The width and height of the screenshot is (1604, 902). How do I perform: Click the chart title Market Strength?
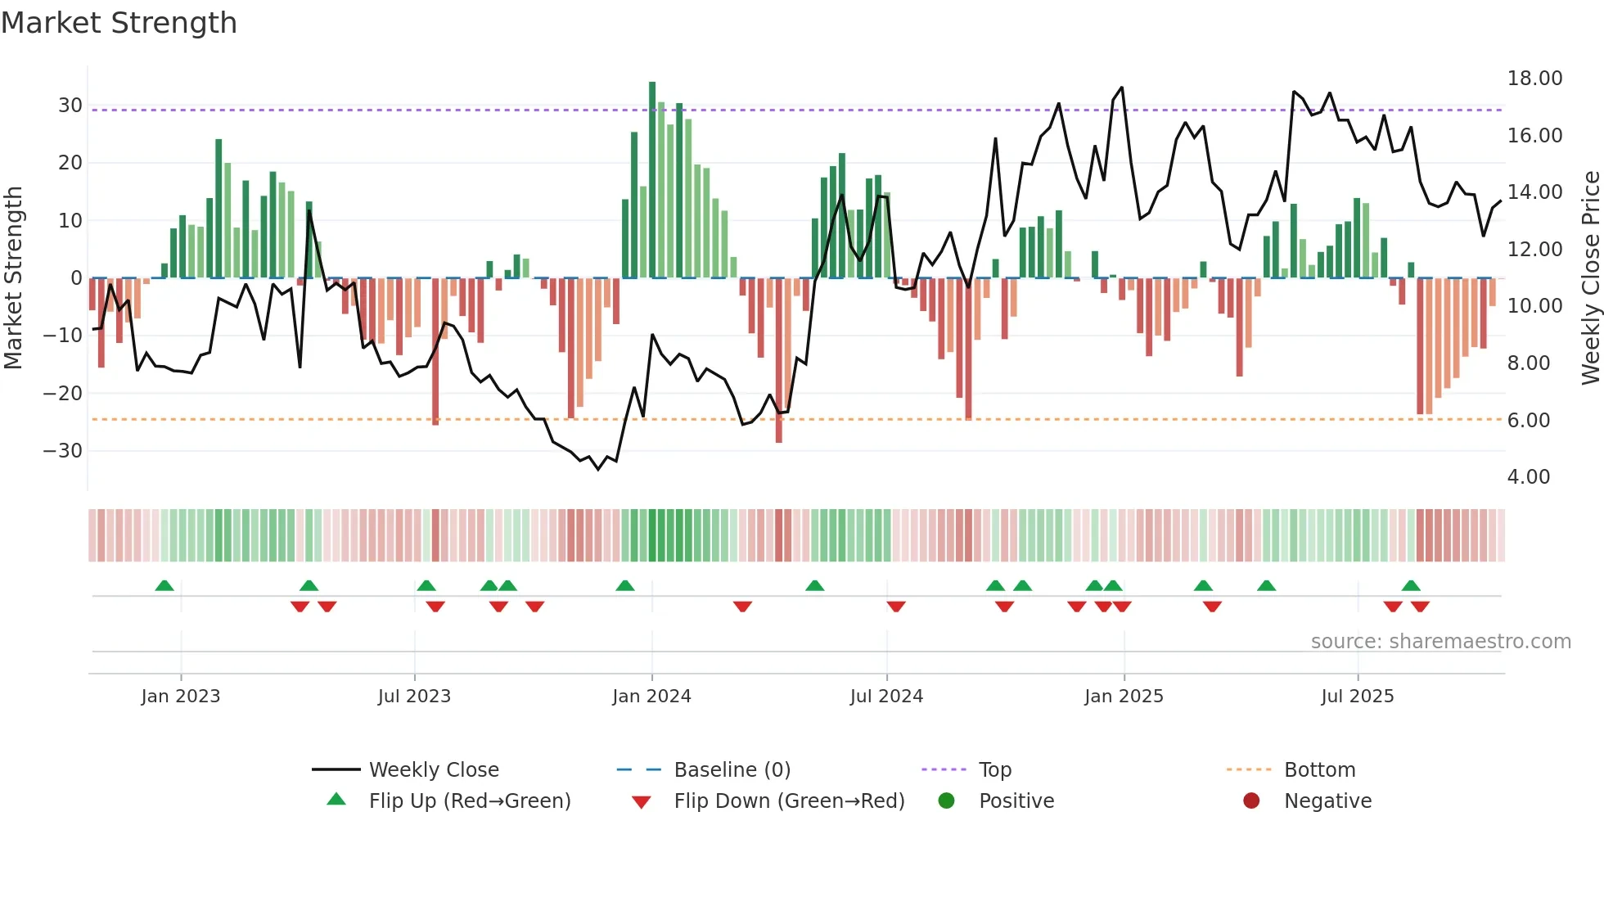(119, 23)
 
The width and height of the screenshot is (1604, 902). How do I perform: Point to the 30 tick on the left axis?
(70, 106)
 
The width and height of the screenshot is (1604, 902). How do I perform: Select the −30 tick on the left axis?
(63, 451)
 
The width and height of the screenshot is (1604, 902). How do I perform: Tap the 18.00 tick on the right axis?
(1534, 79)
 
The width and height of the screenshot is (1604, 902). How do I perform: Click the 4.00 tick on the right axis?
(1528, 477)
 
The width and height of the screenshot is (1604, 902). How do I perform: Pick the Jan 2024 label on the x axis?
(651, 697)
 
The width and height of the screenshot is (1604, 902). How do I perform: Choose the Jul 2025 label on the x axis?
(1357, 697)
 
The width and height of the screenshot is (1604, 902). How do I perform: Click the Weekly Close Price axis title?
(1590, 278)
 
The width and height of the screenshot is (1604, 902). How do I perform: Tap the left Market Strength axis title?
(13, 278)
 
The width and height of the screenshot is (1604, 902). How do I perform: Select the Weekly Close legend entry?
(433, 770)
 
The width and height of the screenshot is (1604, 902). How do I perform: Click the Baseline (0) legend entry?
(732, 770)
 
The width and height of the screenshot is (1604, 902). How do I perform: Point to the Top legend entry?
(994, 770)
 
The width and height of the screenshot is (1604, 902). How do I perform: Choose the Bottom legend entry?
(1319, 770)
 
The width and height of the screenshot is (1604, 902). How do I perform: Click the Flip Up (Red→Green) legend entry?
(469, 801)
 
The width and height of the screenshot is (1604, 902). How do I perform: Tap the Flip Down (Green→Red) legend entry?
(789, 801)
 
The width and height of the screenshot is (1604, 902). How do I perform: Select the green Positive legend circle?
(947, 801)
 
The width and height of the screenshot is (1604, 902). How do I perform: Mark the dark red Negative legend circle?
(1251, 801)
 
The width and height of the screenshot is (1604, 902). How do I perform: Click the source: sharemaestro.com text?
(1440, 642)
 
